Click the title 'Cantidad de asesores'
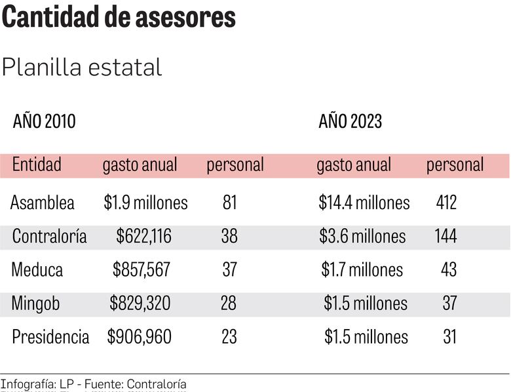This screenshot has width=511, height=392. [x=119, y=18]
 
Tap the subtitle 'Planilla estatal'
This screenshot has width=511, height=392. [x=82, y=67]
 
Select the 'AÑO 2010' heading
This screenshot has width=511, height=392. [x=45, y=121]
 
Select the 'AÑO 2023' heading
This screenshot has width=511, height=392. [x=350, y=121]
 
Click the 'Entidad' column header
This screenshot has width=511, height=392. [x=37, y=165]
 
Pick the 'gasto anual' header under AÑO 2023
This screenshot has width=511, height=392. [x=354, y=165]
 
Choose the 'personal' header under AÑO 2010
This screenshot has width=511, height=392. [x=235, y=165]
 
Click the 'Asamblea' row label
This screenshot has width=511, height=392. [x=43, y=203]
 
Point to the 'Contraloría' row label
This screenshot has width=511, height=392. [x=49, y=236]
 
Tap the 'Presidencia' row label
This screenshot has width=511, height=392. [x=50, y=337]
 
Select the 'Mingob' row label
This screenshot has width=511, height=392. [x=35, y=304]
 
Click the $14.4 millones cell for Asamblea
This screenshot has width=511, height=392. [x=364, y=203]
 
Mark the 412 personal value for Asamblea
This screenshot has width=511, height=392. [x=446, y=203]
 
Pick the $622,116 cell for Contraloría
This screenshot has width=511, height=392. [x=143, y=236]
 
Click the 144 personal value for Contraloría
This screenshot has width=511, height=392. [x=446, y=236]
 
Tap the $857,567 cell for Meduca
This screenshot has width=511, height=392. [x=142, y=269]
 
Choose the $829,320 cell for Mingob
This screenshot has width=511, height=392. [x=140, y=304]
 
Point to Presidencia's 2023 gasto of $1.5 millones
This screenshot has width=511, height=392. [x=366, y=337]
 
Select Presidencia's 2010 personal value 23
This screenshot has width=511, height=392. [x=229, y=337]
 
